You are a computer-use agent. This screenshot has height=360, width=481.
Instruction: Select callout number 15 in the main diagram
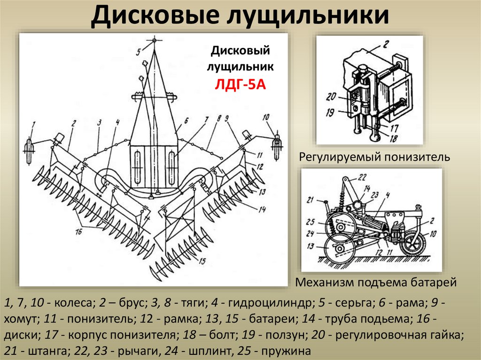[202, 261]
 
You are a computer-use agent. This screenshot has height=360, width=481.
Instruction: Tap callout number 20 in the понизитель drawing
[330, 97]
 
